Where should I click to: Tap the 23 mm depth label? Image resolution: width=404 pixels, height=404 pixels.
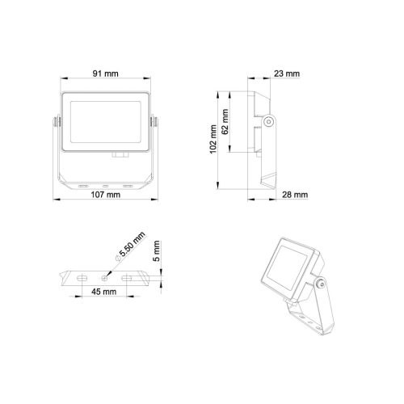(x=287, y=74)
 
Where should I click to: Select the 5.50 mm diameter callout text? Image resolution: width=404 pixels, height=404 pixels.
(x=131, y=246)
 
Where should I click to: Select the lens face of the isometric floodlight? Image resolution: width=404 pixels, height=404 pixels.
(x=288, y=263)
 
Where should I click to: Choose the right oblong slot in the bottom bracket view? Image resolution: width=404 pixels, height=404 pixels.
(x=128, y=277)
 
